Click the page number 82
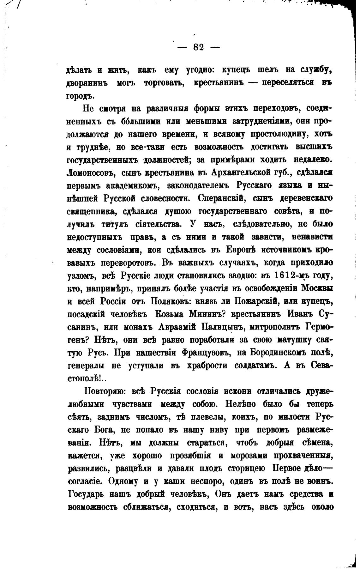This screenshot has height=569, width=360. click(199, 47)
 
